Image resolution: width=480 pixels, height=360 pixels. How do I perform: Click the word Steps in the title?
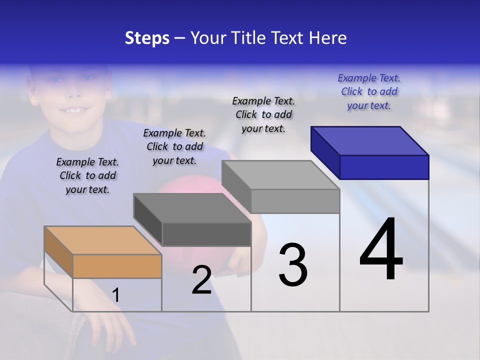pyautogui.click(x=147, y=38)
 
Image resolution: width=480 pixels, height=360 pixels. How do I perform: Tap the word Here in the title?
pyautogui.click(x=327, y=38)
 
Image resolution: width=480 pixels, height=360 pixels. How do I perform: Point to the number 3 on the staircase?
pyautogui.click(x=293, y=265)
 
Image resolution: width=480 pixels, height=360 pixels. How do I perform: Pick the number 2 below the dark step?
pyautogui.click(x=201, y=280)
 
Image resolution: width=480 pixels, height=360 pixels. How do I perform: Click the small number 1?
pyautogui.click(x=115, y=295)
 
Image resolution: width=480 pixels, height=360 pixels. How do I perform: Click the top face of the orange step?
pyautogui.click(x=102, y=240)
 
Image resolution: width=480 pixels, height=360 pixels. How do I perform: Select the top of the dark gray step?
pyautogui.click(x=192, y=208)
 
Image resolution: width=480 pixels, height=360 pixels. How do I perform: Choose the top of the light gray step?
pyautogui.click(x=280, y=175)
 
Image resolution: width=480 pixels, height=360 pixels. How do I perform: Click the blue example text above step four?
pyautogui.click(x=369, y=91)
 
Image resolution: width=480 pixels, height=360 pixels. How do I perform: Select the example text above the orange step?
pyautogui.click(x=87, y=175)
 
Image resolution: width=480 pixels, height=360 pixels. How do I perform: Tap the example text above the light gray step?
pyautogui.click(x=263, y=114)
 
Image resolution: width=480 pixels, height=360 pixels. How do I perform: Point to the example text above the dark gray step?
pyautogui.click(x=174, y=146)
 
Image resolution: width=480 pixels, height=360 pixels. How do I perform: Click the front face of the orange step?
pyautogui.click(x=117, y=266)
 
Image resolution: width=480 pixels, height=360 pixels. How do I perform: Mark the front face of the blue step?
pyautogui.click(x=384, y=167)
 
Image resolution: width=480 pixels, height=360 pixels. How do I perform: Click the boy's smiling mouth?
pyautogui.click(x=75, y=109)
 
